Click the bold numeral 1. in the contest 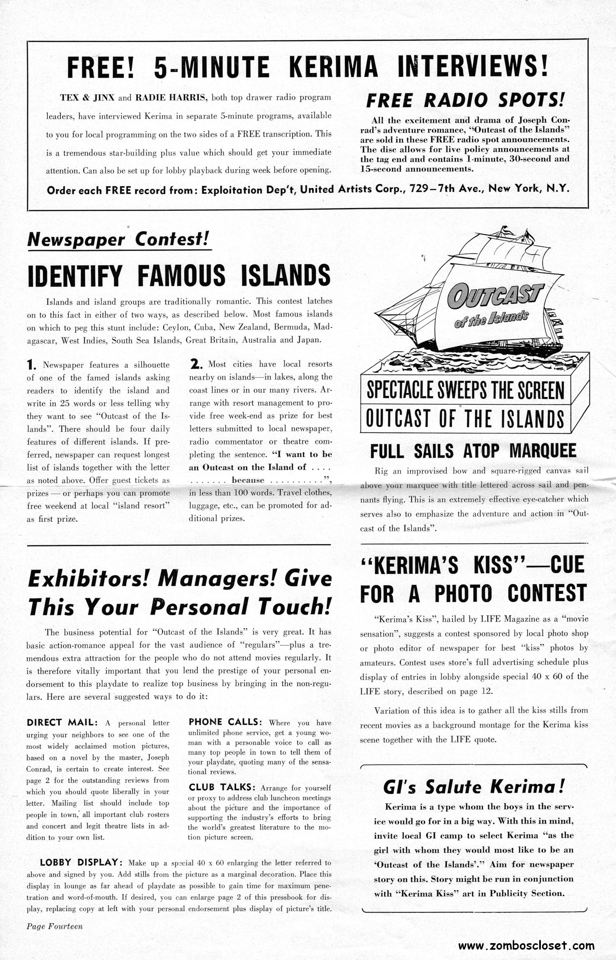point(32,365)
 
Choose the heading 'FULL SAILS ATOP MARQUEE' point(473,451)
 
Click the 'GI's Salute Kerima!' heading point(473,787)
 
